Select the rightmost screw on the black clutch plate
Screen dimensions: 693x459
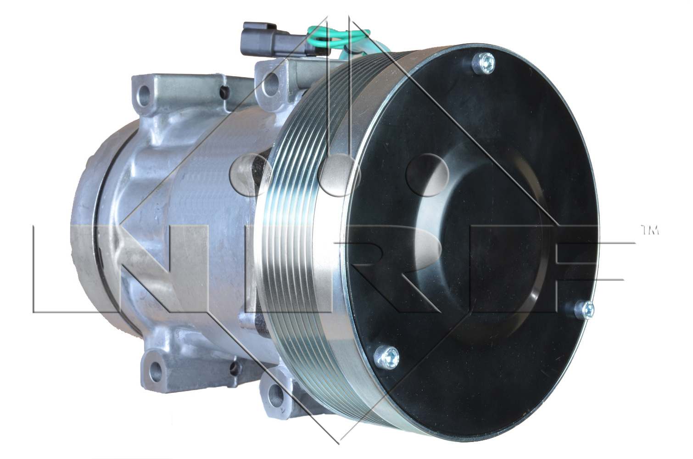click(x=584, y=310)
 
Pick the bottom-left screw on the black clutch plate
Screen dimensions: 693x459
click(x=386, y=358)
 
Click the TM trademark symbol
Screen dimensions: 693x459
click(x=649, y=230)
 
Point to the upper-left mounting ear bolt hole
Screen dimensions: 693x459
click(x=144, y=93)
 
